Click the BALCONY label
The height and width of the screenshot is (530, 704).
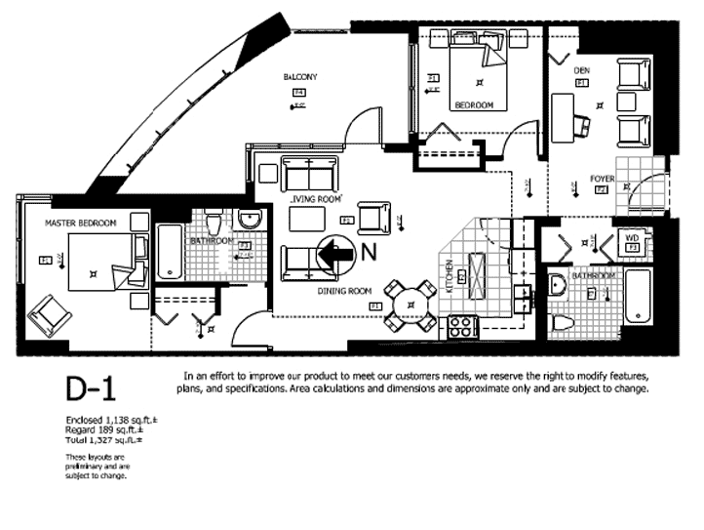pos(300,77)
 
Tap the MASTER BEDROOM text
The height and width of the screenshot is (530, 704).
pos(80,224)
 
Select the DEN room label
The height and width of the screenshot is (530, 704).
pos(581,70)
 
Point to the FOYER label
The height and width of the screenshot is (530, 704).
pos(602,179)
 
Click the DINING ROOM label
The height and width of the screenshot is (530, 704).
pos(345,291)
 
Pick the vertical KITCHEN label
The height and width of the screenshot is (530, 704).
pos(450,278)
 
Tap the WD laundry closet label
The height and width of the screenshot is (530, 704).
pos(632,237)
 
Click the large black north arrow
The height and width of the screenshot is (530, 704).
pos(333,253)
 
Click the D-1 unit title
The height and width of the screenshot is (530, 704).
pos(91,390)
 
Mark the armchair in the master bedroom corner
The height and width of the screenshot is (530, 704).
pos(49,314)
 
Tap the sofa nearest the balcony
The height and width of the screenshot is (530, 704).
pos(307,174)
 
